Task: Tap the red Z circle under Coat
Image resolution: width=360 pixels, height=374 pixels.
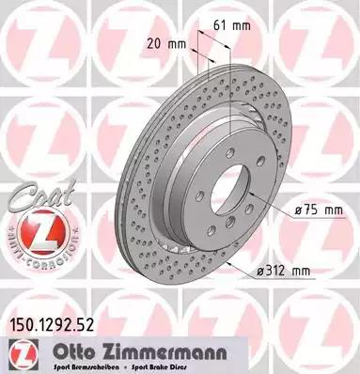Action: click(x=31, y=229)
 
